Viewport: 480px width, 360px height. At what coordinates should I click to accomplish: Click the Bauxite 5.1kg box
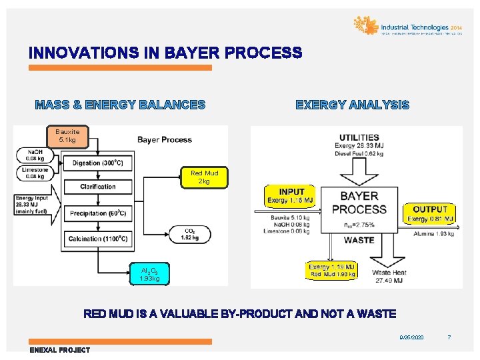pos(67,137)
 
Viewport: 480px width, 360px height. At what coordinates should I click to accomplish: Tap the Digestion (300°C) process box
pos(97,162)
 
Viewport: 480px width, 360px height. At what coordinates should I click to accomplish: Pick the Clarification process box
pos(97,187)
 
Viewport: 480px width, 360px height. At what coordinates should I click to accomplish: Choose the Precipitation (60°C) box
pos(97,213)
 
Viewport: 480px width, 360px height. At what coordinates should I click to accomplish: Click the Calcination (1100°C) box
pos(97,239)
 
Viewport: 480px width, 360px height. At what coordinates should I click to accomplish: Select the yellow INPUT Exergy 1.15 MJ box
pos(291,196)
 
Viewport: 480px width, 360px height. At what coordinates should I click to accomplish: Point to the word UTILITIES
pos(359,138)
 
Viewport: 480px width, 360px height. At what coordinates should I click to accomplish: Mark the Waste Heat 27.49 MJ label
pos(389,276)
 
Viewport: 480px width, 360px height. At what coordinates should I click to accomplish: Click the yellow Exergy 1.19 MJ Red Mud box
pos(332,270)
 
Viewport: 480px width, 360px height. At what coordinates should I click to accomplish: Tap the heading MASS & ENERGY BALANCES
pos(120,105)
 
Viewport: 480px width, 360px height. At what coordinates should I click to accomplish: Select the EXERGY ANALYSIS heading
pos(352,105)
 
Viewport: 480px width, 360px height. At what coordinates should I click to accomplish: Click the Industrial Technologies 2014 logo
pos(407,26)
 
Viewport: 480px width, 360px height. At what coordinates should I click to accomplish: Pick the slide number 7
pos(449,338)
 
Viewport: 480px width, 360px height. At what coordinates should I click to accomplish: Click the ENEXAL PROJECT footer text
pos(60,350)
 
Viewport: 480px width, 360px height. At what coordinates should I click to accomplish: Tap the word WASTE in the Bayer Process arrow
pos(359,239)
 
